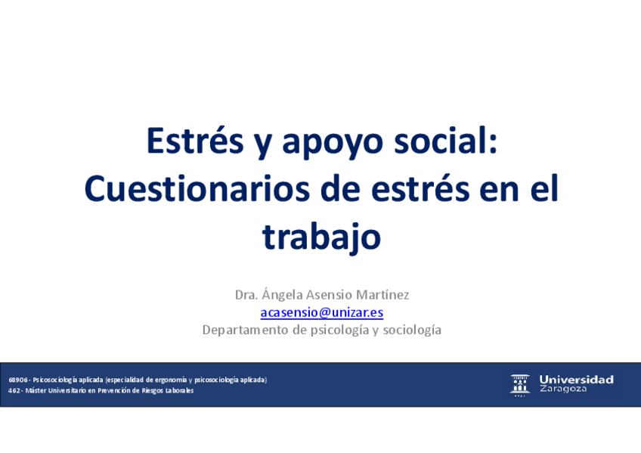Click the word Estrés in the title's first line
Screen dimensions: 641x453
pyautogui.click(x=195, y=141)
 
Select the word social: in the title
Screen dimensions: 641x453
pyautogui.click(x=445, y=140)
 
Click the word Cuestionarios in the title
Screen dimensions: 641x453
pyautogui.click(x=197, y=188)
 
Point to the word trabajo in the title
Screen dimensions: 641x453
pyautogui.click(x=321, y=238)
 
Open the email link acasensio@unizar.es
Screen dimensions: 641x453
pyautogui.click(x=322, y=312)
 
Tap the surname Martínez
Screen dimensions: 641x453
pyautogui.click(x=382, y=294)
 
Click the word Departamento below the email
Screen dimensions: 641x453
pyautogui.click(x=246, y=330)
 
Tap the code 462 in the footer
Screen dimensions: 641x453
pyautogui.click(x=14, y=390)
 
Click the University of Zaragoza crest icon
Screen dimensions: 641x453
pyautogui.click(x=520, y=385)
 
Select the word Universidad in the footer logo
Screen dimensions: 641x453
pyautogui.click(x=577, y=380)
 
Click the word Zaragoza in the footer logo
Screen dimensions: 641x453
pyautogui.click(x=563, y=389)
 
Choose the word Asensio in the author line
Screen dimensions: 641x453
pyautogui.click(x=329, y=295)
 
